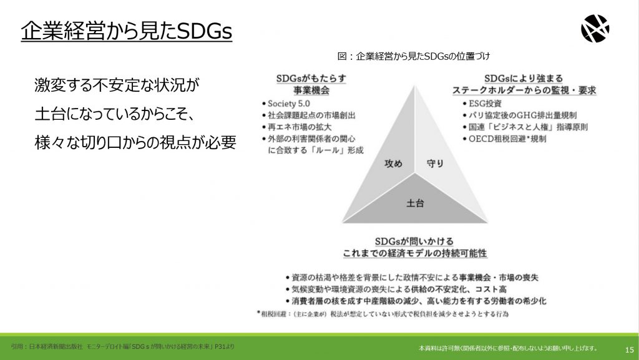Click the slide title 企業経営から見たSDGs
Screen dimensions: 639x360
click(126, 31)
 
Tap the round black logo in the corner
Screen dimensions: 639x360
click(595, 29)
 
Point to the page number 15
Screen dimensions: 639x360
click(629, 349)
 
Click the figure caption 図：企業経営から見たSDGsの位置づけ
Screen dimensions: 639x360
click(413, 56)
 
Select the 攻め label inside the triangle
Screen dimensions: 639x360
click(393, 163)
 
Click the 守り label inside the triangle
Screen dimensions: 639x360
click(435, 163)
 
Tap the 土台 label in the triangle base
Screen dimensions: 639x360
click(415, 203)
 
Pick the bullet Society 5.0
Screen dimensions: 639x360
click(286, 104)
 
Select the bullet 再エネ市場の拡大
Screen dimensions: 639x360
click(296, 127)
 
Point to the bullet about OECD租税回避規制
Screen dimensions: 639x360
click(504, 139)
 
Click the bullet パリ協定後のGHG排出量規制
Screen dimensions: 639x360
click(520, 115)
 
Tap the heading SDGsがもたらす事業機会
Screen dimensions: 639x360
click(311, 84)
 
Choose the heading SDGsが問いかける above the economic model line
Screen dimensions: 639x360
click(414, 241)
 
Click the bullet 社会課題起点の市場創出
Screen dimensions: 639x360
click(308, 115)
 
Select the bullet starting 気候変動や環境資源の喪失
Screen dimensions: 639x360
click(396, 289)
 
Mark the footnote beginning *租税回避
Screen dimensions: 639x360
click(383, 314)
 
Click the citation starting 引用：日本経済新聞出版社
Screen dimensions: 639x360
click(123, 346)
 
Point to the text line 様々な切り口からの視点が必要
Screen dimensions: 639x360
click(135, 142)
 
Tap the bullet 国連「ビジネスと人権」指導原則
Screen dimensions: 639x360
click(525, 127)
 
